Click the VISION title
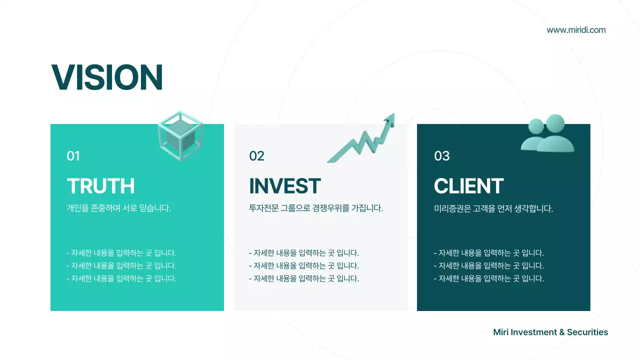point(107,77)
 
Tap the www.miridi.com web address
point(576,30)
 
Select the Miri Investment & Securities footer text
point(550,332)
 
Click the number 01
point(73,156)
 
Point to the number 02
point(256,156)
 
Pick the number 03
point(442,156)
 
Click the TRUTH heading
point(101,186)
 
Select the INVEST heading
point(284,186)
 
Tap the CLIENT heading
point(468,186)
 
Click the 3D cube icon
point(180,135)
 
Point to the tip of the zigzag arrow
point(392,115)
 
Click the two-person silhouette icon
point(547,134)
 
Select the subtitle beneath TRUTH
point(119,208)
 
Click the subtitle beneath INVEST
point(316,208)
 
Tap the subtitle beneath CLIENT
point(493,208)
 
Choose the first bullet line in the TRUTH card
point(121,253)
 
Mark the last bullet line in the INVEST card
point(304,279)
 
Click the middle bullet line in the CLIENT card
point(489,266)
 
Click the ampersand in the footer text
point(562,332)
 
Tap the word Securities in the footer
point(587,332)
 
